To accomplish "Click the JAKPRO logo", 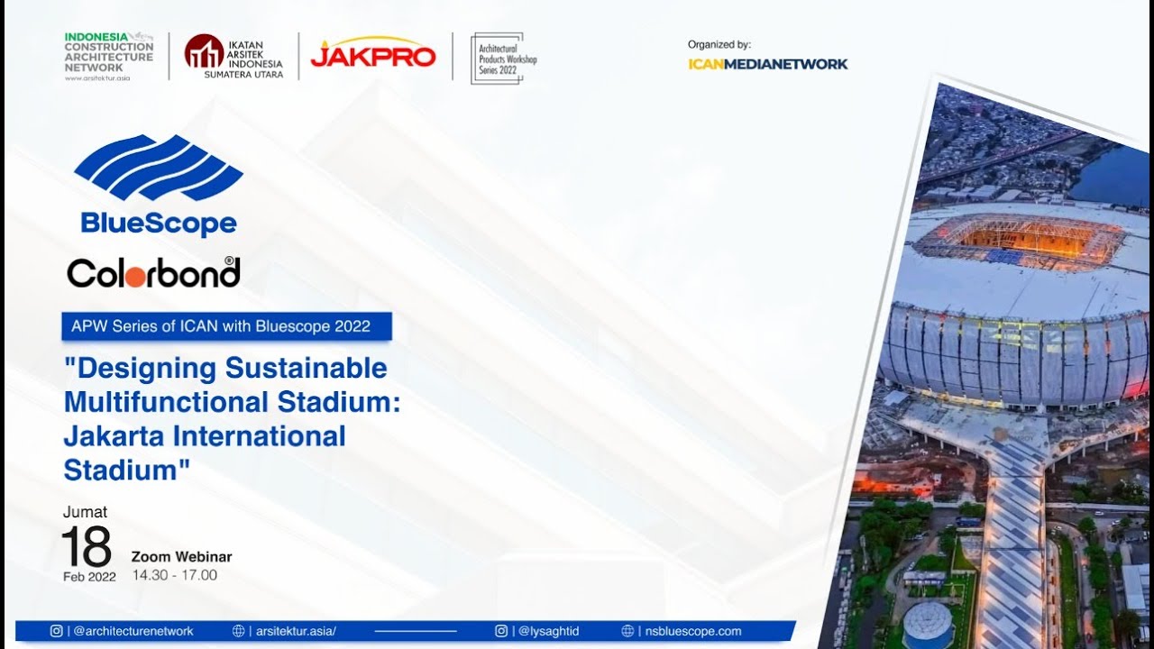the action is (373, 52).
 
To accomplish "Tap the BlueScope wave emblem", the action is (159, 168).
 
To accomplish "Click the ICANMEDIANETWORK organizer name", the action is (767, 64).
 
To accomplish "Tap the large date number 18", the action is (86, 546).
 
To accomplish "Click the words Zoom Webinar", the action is (181, 556).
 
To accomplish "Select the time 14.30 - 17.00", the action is (175, 575).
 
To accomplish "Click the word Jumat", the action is (85, 511).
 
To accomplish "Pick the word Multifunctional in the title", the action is (167, 402).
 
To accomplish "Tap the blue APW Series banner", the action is (226, 326).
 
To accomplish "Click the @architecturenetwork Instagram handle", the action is (133, 631).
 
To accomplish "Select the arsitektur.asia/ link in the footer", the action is (296, 631).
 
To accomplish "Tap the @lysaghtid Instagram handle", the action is (548, 631).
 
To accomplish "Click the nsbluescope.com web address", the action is (693, 631).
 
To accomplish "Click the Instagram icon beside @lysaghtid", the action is (500, 631).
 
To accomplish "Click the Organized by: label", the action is (719, 45).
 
